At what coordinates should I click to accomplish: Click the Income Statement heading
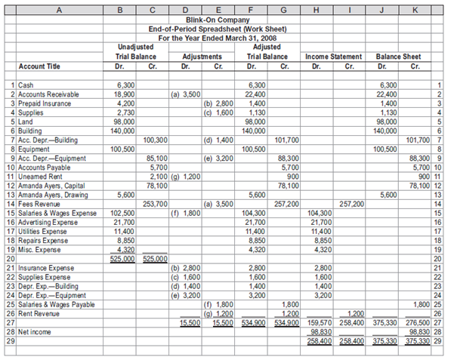[326, 56]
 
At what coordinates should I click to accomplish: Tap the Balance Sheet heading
[391, 56]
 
